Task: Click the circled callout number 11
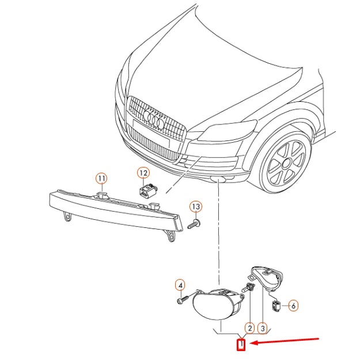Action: click(102, 178)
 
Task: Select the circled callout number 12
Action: click(143, 173)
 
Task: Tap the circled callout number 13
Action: click(196, 207)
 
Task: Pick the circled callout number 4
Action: click(180, 285)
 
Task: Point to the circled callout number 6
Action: click(293, 306)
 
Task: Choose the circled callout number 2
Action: click(250, 328)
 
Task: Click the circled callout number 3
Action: click(263, 328)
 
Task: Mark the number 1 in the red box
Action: click(241, 345)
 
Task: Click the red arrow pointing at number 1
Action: click(284, 341)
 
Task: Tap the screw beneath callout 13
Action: click(194, 224)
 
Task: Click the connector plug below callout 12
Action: click(148, 190)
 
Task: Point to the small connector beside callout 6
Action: click(276, 306)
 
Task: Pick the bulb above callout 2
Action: click(248, 287)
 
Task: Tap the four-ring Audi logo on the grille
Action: click(154, 119)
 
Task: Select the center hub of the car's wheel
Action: click(286, 163)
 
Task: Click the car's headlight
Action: click(228, 130)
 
